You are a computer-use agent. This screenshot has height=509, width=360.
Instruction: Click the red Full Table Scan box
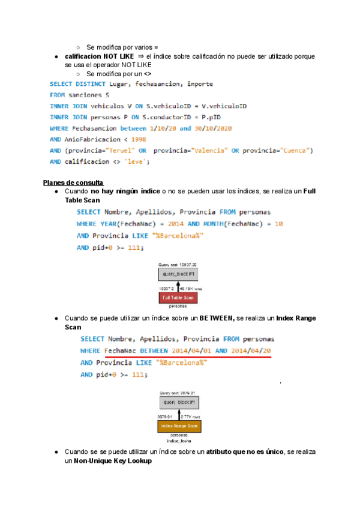point(178,298)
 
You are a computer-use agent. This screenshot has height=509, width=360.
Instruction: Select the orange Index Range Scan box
point(179,426)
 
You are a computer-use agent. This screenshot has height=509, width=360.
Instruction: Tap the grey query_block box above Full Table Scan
point(178,274)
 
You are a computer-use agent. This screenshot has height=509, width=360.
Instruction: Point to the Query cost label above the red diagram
point(178,264)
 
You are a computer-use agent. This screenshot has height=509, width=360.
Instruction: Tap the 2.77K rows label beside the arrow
point(190,415)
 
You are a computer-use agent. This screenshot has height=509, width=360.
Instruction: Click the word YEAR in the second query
point(110,223)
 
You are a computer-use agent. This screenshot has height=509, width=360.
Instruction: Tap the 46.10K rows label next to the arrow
point(191,288)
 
